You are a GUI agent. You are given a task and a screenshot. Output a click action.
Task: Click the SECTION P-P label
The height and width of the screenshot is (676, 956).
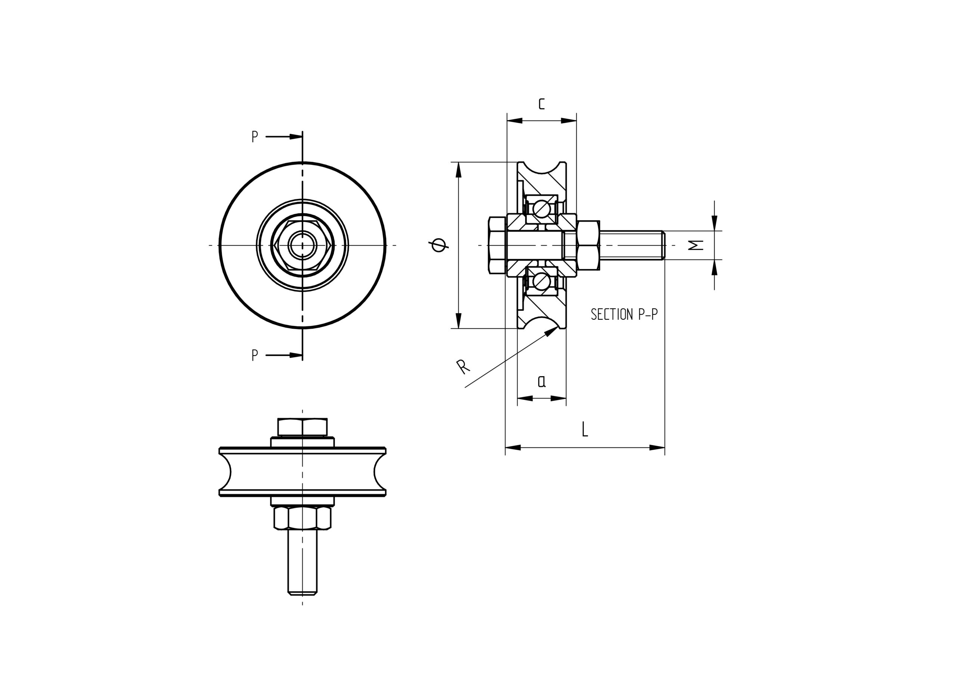[624, 314]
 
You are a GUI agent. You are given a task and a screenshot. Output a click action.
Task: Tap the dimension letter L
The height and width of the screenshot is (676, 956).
[585, 429]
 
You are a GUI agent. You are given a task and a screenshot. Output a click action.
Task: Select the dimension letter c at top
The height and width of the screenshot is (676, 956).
[541, 104]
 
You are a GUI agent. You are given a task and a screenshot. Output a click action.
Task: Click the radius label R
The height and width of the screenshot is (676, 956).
[463, 366]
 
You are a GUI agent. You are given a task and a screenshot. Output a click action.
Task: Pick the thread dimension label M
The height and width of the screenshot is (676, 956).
[696, 245]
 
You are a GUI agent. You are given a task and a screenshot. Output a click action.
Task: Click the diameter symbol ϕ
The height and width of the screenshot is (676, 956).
[439, 245]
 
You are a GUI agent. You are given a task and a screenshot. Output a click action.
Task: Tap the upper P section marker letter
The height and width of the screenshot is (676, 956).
[255, 136]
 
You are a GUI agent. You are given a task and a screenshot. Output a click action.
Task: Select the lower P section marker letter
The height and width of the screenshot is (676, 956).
[255, 355]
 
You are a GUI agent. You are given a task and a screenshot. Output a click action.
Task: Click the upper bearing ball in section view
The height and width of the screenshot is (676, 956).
[543, 208]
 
